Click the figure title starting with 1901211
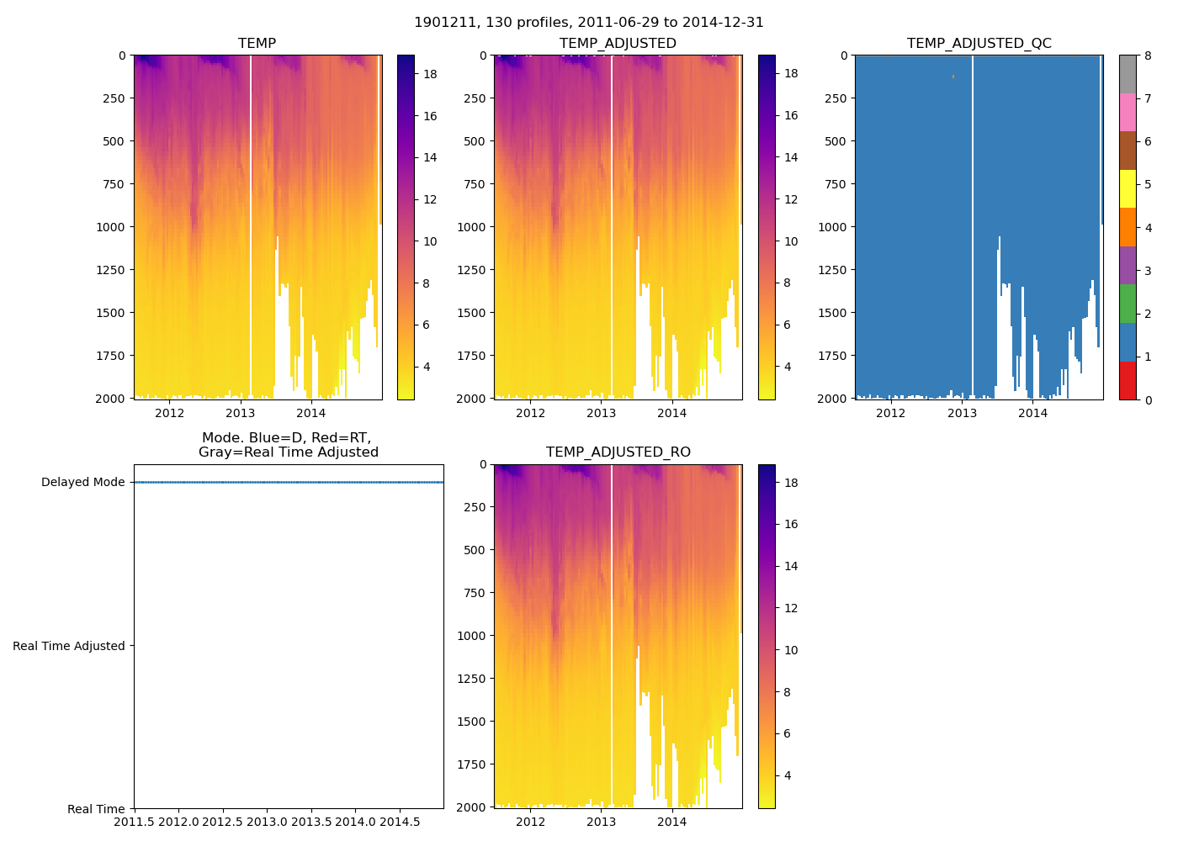pos(589,23)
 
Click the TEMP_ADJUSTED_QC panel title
pos(979,43)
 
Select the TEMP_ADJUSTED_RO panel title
pos(618,452)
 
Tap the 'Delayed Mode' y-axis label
pos(82,482)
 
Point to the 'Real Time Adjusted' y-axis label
pos(68,646)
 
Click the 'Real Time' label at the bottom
pos(96,809)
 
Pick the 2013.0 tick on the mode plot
pos(267,822)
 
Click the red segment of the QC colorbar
pos(1128,380)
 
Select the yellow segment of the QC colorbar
pos(1128,188)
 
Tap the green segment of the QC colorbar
pos(1128,304)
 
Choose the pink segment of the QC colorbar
pos(1128,112)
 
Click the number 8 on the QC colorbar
pos(1147,56)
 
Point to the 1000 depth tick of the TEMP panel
pos(110,227)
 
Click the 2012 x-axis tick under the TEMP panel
pos(169,413)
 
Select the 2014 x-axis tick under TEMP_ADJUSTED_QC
pos(1032,413)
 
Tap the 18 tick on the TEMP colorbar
pos(430,74)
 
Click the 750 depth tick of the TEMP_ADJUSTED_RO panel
pos(475,593)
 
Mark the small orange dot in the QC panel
pos(952,77)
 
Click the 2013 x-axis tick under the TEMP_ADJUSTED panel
pos(601,413)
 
